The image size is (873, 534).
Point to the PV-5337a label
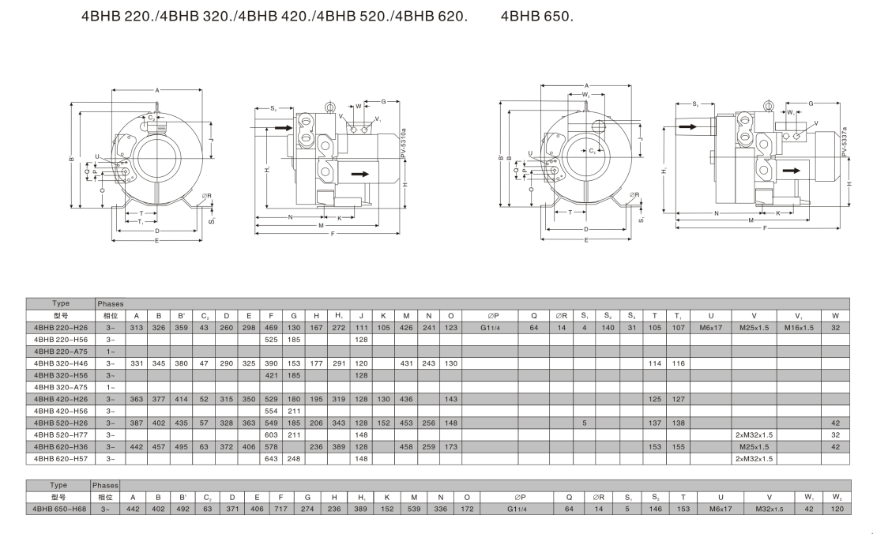point(844,142)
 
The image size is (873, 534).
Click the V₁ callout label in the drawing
point(378,119)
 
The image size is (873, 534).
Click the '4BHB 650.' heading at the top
point(536,17)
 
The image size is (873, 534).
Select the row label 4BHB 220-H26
point(60,326)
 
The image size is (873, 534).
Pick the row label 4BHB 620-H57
point(60,458)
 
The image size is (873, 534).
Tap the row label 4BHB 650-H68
point(59,510)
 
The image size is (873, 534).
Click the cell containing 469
point(270,326)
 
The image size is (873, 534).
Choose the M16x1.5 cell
point(799,326)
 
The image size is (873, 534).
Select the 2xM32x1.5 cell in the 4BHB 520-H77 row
point(754,434)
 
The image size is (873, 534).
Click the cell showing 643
point(270,458)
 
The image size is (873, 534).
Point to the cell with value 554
point(270,411)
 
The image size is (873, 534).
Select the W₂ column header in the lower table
point(836,497)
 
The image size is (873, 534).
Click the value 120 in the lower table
point(836,510)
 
